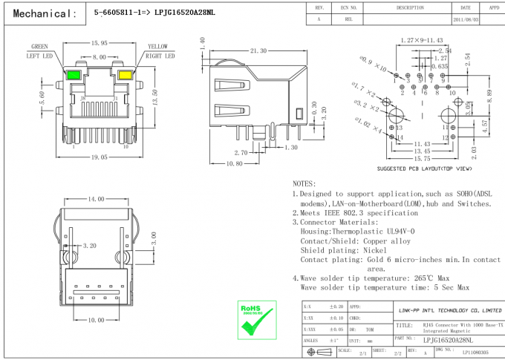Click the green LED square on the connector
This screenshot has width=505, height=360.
[74, 76]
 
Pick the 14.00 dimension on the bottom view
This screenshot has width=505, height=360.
[97, 200]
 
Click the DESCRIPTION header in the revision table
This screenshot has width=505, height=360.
[409, 7]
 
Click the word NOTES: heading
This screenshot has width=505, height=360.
[304, 183]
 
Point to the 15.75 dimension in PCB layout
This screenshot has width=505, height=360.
[423, 158]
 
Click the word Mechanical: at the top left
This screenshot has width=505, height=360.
[45, 13]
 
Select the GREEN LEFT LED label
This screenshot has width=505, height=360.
[40, 50]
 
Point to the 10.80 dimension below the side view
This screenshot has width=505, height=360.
[234, 163]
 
